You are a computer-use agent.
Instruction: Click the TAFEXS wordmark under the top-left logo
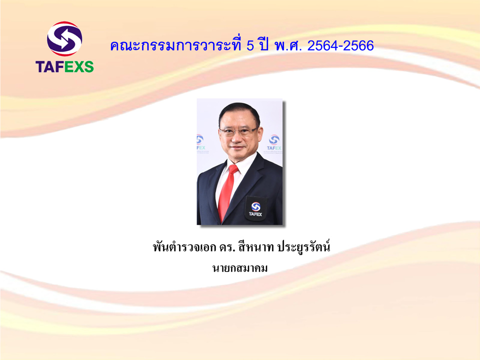point(64,66)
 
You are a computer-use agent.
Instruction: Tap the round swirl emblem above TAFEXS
point(64,39)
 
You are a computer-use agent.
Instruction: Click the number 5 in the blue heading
point(250,46)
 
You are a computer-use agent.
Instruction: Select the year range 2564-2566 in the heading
point(340,46)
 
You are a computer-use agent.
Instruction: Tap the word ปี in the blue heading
point(262,44)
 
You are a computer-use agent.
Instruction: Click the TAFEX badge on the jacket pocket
point(255,208)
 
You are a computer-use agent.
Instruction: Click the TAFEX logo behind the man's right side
point(274,143)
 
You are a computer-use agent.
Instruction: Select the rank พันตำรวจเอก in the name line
point(184,247)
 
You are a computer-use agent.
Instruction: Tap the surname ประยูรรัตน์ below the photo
point(303,246)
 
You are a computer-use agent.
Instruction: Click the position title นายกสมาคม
point(240,268)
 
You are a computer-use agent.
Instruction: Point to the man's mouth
point(237,147)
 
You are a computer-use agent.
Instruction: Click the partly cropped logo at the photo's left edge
point(201,143)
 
